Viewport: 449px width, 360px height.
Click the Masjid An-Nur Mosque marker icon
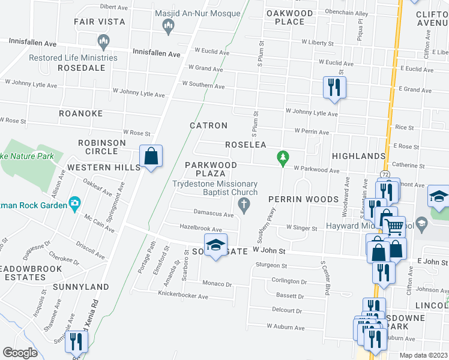point(168,26)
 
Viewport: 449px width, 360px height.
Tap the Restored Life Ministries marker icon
point(103,41)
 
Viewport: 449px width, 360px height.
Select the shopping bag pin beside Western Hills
point(151,157)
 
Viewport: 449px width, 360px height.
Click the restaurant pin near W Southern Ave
point(333,88)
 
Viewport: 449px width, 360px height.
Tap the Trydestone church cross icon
point(244,206)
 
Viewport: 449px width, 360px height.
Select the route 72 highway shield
point(384,174)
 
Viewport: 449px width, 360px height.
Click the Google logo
point(20,353)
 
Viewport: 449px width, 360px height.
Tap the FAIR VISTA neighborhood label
point(100,22)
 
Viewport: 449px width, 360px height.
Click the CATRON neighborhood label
point(208,125)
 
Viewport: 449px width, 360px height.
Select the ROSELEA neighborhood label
point(246,145)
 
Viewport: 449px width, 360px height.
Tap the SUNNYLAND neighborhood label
point(80,287)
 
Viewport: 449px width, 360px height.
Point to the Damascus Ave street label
point(213,214)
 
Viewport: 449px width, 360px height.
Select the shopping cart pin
point(394,226)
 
